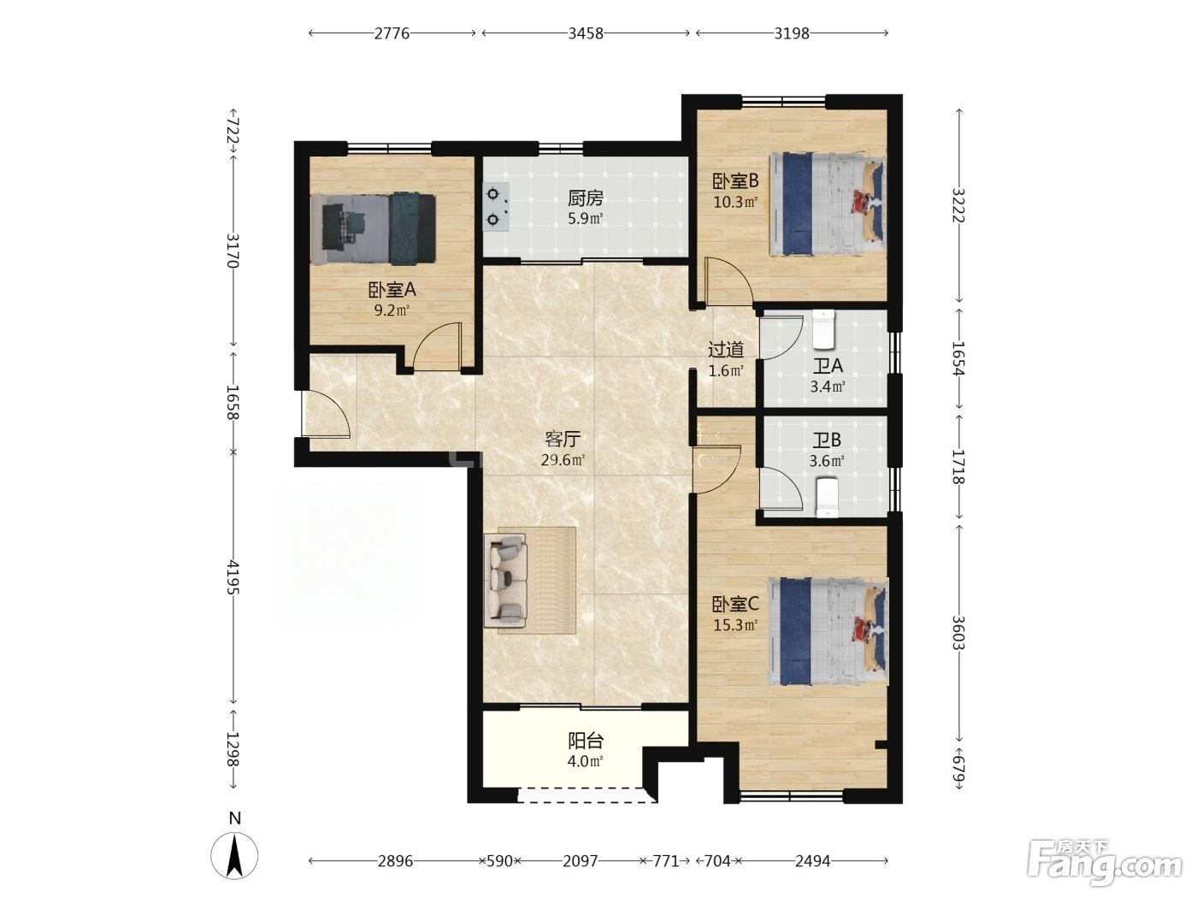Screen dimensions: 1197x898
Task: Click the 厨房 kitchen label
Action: [x=585, y=198]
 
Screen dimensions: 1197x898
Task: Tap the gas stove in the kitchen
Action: [x=496, y=207]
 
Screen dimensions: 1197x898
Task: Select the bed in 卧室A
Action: [x=373, y=229]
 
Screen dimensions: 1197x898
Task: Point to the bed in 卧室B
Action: [x=827, y=204]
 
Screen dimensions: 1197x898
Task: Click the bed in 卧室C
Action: [x=828, y=631]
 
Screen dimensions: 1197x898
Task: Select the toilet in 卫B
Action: [x=828, y=497]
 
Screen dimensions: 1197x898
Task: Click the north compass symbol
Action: [x=234, y=852]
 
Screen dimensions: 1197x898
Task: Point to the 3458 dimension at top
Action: [x=586, y=33]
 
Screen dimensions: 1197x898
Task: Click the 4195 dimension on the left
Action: [x=233, y=576]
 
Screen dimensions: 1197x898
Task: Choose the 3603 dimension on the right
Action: [x=958, y=633]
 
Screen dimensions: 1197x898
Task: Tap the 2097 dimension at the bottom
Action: [x=581, y=861]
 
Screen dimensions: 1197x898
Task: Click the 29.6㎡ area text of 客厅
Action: [x=563, y=459]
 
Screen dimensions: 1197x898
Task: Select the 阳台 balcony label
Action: [x=586, y=741]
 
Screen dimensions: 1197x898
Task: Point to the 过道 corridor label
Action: [x=726, y=349]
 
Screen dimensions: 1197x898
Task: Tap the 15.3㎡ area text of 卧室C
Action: [x=735, y=625]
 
